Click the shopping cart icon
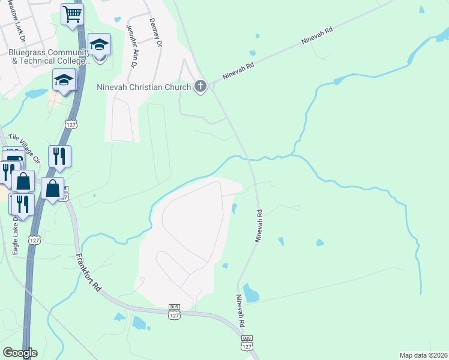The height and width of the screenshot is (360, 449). click(x=72, y=14)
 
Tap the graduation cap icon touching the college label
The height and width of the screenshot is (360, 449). click(x=100, y=44)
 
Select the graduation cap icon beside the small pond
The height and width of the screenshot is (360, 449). click(x=64, y=80)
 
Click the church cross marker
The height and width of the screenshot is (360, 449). click(x=200, y=87)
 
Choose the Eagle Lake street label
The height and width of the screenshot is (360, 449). click(x=16, y=235)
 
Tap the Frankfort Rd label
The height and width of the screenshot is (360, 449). click(x=88, y=272)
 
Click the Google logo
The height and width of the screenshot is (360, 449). click(x=20, y=353)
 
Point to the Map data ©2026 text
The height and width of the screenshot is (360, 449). click(x=423, y=355)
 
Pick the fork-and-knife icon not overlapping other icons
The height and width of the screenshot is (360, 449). click(x=59, y=156)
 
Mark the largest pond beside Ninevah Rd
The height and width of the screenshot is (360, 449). click(x=250, y=293)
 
